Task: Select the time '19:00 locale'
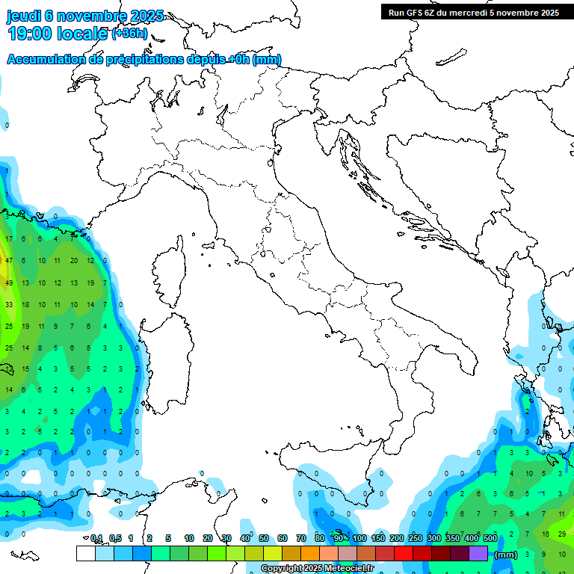(x=57, y=34)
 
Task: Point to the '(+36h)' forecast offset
(x=130, y=34)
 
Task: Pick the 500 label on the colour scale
(x=490, y=538)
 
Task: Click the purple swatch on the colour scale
(x=478, y=554)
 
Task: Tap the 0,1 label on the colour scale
(x=96, y=538)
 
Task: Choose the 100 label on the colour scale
(x=359, y=538)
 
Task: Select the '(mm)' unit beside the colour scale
(x=506, y=555)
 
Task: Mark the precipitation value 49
(x=9, y=283)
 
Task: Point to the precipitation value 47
(x=9, y=261)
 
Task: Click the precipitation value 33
(x=9, y=305)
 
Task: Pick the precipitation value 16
(x=546, y=534)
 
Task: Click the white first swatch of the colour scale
(x=85, y=554)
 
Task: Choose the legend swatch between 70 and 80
(x=310, y=554)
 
